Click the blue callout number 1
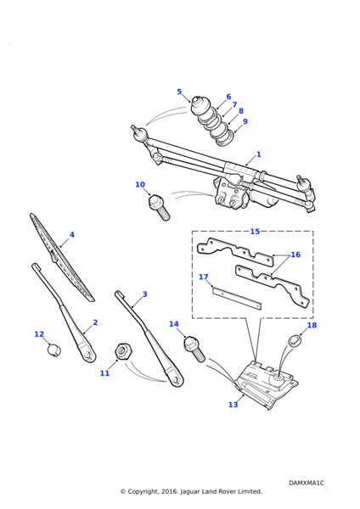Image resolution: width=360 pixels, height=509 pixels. tap(259, 154)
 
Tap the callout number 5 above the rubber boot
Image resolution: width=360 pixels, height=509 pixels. tap(179, 92)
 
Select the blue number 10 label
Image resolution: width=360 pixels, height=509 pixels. tap(140, 184)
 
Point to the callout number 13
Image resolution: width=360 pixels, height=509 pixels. tap(233, 405)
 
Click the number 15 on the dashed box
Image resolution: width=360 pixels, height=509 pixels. tap(255, 231)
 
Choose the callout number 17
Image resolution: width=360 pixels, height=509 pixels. tap(204, 277)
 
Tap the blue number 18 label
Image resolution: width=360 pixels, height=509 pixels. tap(312, 325)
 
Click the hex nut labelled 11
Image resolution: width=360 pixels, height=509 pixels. tap(123, 350)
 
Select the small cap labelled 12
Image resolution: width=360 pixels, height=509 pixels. tap(54, 350)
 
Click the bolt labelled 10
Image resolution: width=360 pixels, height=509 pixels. tap(159, 208)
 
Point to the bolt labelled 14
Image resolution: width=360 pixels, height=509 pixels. tap(194, 350)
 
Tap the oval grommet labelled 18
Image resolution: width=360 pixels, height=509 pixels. tap(295, 342)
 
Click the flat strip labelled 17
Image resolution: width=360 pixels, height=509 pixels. tap(237, 298)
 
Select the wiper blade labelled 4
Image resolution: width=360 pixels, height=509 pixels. tap(62, 257)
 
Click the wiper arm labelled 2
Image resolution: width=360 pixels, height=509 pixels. tap(64, 313)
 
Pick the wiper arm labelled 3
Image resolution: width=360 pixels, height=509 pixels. tap(148, 338)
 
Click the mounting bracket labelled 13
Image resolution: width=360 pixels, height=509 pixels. tap(267, 384)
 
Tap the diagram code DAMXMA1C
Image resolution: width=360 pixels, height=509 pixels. tap(307, 483)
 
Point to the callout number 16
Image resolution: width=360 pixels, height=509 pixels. tap(295, 255)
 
